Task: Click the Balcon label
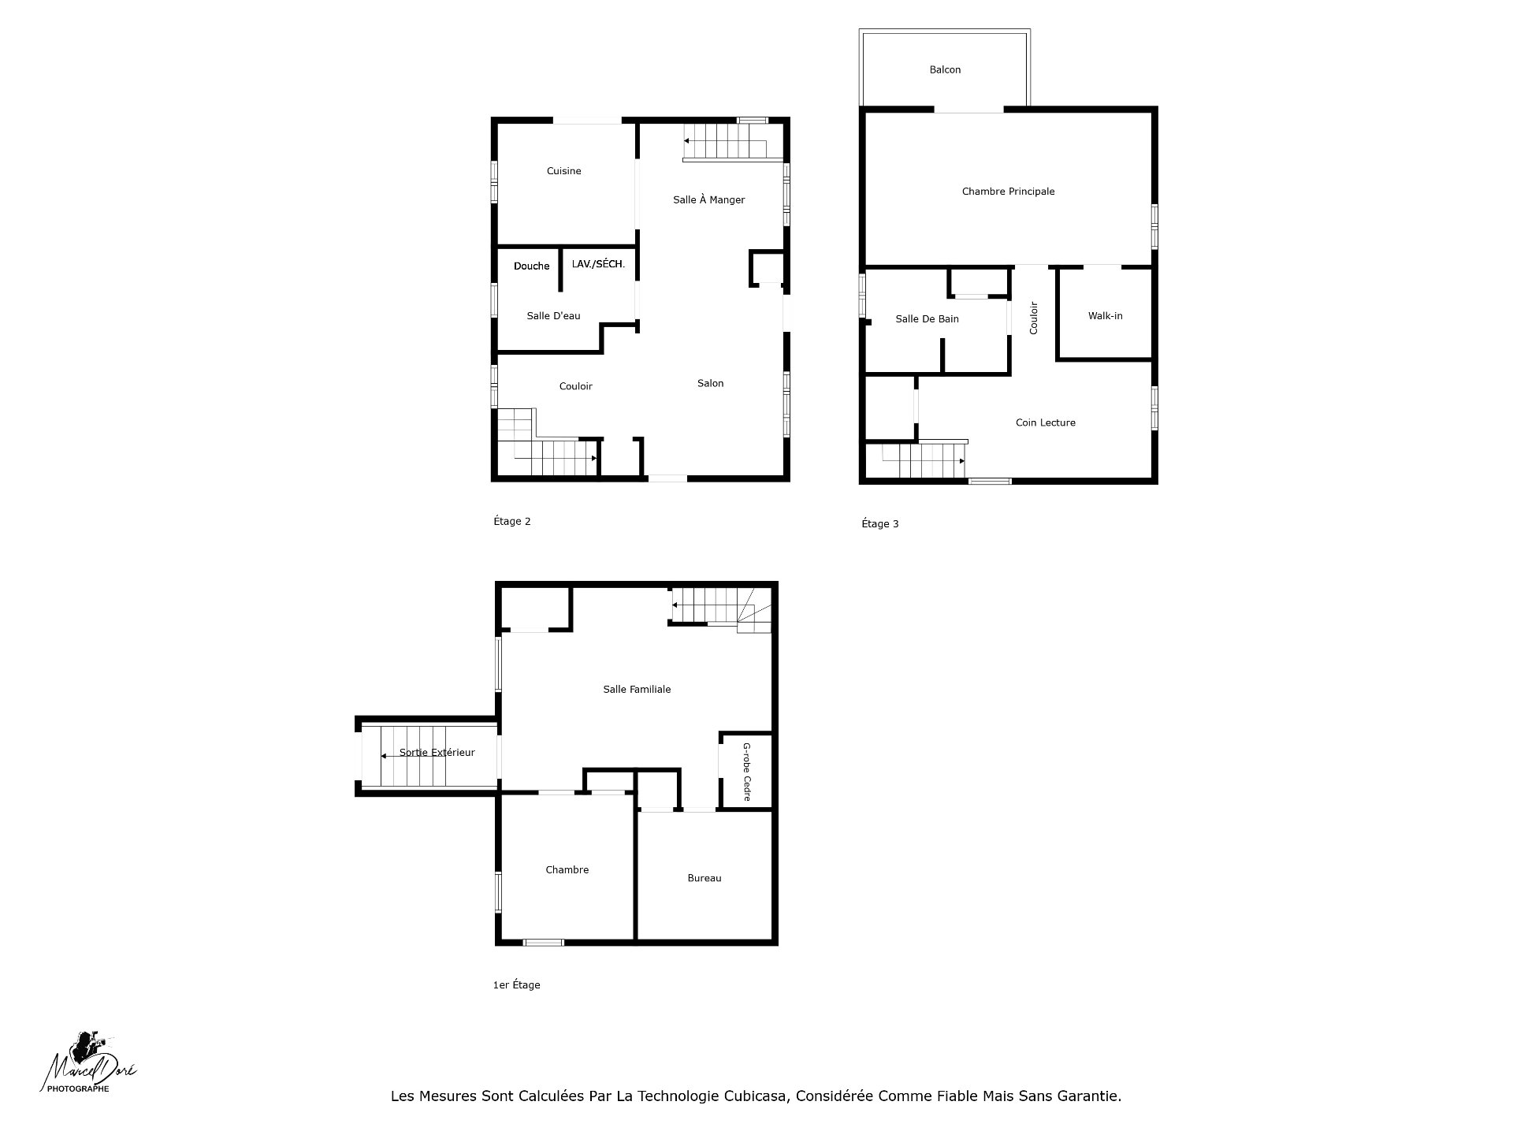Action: [945, 70]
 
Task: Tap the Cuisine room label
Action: [564, 171]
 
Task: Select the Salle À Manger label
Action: [708, 199]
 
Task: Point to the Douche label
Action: [532, 266]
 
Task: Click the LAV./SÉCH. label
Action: [598, 264]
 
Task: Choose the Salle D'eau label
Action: [553, 316]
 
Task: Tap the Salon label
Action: [710, 384]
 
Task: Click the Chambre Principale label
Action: [1008, 192]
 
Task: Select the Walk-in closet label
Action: [1105, 316]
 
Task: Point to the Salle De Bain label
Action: [927, 319]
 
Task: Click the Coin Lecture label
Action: [1045, 422]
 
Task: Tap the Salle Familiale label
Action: [637, 690]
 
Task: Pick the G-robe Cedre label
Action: [746, 772]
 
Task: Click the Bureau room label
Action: [704, 878]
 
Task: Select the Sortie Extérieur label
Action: [437, 753]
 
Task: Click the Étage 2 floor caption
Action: [511, 521]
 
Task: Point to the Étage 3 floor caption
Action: [879, 524]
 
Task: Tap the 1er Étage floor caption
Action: [516, 984]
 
